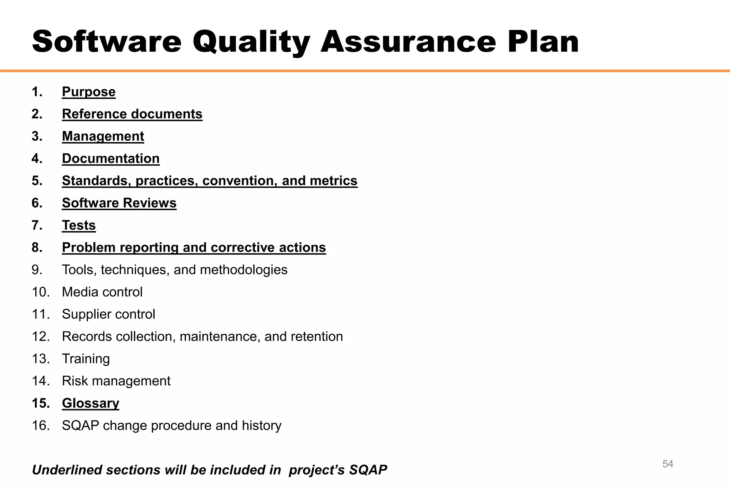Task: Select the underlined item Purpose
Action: coord(89,92)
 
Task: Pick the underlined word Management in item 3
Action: coord(103,136)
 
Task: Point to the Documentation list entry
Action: coord(111,158)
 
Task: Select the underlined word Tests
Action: coord(79,225)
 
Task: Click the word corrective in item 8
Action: coord(241,247)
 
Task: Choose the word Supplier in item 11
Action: coord(86,314)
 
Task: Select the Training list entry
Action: coord(86,359)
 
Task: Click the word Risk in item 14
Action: coord(76,381)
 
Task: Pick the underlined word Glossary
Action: coord(91,403)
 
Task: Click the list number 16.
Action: coord(40,425)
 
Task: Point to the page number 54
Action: coord(668,464)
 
